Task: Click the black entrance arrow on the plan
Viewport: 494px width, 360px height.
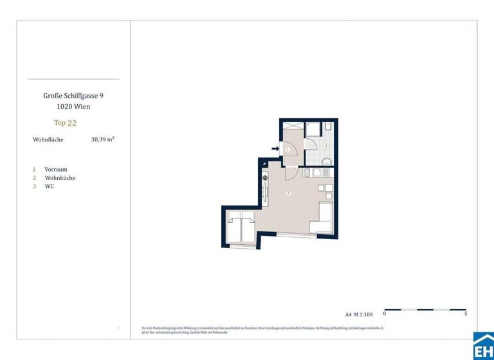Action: (x=275, y=149)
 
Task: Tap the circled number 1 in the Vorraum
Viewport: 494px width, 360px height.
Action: (x=288, y=150)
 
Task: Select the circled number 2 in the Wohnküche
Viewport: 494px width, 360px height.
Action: (x=288, y=194)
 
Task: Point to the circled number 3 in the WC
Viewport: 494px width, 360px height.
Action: (x=325, y=146)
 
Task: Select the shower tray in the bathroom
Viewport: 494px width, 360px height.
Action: (x=313, y=129)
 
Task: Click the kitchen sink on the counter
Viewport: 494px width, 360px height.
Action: (x=307, y=172)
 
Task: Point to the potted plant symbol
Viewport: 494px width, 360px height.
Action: (x=265, y=178)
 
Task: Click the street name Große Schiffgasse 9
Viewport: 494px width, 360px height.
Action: (x=73, y=95)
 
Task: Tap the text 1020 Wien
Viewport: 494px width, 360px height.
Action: (x=73, y=106)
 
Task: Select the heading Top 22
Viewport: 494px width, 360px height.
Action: (x=65, y=122)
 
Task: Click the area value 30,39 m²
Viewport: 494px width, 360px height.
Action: (x=103, y=139)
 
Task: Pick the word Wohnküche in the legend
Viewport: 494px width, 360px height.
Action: (x=60, y=177)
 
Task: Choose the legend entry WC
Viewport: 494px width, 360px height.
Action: (x=50, y=186)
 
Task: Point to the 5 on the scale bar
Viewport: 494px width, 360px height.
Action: (x=466, y=314)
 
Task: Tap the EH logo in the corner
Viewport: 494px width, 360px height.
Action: (x=483, y=348)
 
